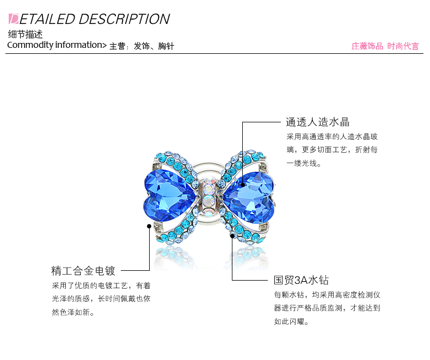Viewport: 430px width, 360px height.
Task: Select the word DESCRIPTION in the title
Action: pyautogui.click(x=124, y=19)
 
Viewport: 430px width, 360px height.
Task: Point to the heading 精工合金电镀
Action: pyautogui.click(x=83, y=270)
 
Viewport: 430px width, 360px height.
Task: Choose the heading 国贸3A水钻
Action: pyautogui.click(x=301, y=281)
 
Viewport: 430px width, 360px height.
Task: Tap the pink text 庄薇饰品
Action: pyautogui.click(x=367, y=46)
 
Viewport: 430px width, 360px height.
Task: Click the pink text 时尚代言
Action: pyautogui.click(x=403, y=46)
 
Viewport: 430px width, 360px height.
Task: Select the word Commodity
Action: pyautogui.click(x=30, y=45)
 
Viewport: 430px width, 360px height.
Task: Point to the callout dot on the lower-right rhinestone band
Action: pyautogui.click(x=232, y=236)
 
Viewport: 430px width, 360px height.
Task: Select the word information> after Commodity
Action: pyautogui.click(x=81, y=45)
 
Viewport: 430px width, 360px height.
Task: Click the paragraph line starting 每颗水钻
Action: pyautogui.click(x=327, y=295)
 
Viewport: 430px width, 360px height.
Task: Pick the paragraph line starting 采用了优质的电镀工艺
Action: pyautogui.click(x=101, y=285)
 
